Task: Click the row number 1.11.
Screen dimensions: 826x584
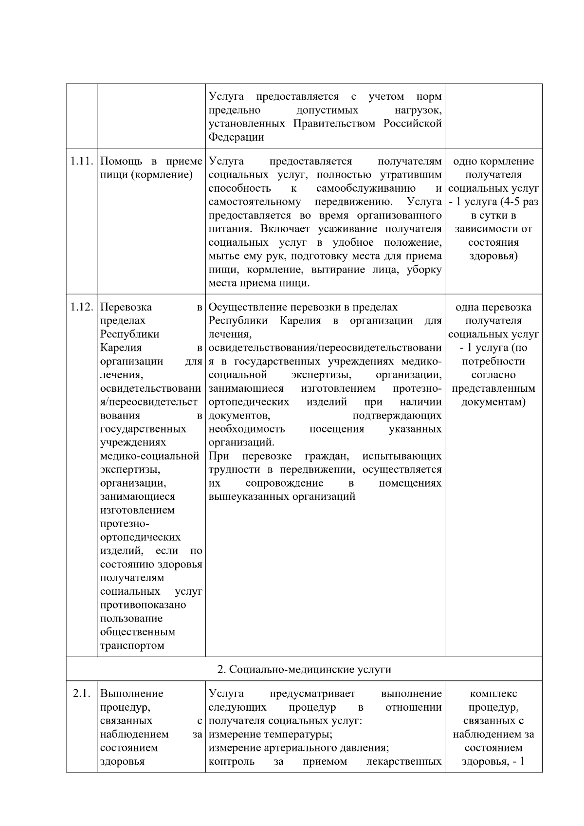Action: click(x=81, y=161)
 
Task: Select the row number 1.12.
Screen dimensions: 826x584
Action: click(x=81, y=307)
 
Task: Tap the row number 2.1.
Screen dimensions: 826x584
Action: click(x=82, y=694)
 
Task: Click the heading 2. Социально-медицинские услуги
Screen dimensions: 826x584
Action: click(x=304, y=669)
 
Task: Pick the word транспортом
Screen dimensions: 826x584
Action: click(x=132, y=646)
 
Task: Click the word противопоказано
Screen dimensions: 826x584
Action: click(x=143, y=605)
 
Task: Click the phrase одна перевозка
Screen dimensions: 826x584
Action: click(x=493, y=307)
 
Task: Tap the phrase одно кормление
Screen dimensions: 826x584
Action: click(x=493, y=161)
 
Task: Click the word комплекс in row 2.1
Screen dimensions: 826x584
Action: click(x=493, y=694)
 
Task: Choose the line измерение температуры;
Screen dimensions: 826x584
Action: click(x=271, y=734)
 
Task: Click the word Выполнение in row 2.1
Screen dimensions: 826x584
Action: click(x=131, y=694)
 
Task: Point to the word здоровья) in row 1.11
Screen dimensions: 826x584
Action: click(x=493, y=256)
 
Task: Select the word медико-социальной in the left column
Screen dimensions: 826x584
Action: click(x=149, y=456)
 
